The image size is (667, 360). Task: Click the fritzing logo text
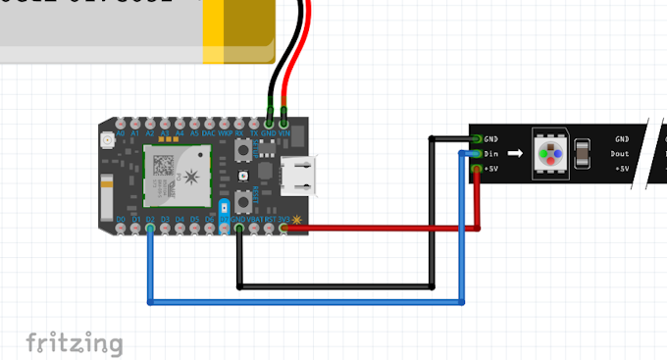[75, 342]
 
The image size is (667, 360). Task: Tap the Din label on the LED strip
[492, 154]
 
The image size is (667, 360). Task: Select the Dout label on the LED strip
[620, 154]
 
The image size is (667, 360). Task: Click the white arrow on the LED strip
[514, 154]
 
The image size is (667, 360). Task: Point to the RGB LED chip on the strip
[551, 154]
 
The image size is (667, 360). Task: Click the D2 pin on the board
[150, 228]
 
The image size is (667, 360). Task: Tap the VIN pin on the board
[284, 125]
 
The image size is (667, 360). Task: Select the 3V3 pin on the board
[283, 228]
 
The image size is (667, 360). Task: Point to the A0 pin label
[121, 132]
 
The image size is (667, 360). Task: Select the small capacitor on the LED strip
[583, 154]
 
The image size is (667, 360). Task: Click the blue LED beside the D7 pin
[225, 208]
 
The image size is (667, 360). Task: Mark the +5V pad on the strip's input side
[478, 169]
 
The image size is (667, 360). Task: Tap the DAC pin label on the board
[209, 132]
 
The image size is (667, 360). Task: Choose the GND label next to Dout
[622, 140]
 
